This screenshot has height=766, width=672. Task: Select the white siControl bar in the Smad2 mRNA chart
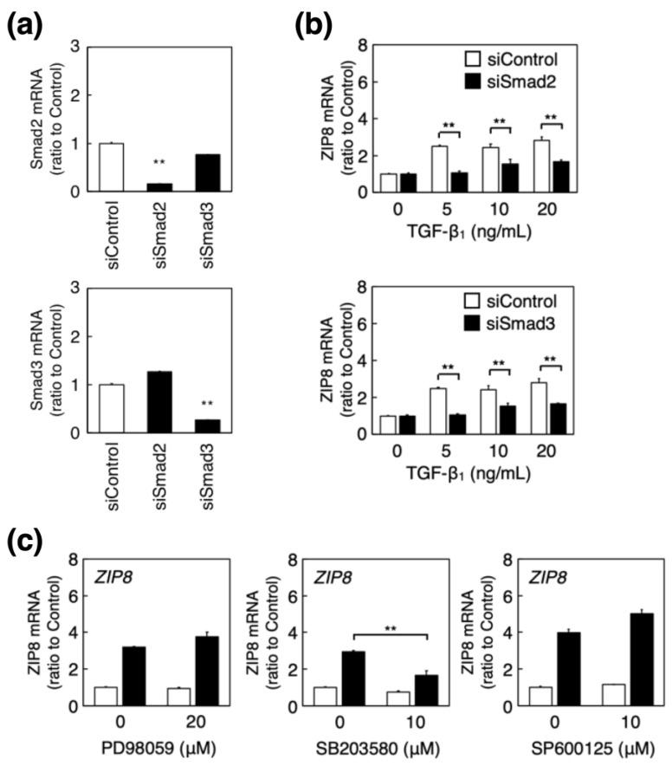(111, 167)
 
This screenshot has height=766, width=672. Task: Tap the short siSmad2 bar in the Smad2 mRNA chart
(158, 187)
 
